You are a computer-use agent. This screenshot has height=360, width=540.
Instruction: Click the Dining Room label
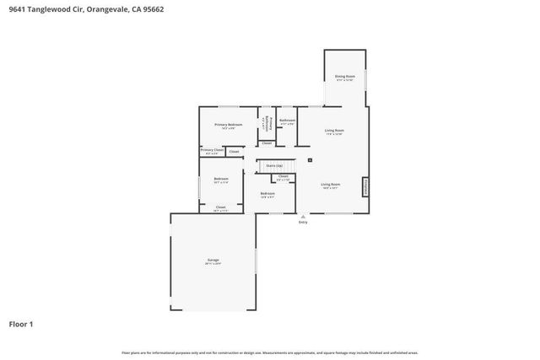345,77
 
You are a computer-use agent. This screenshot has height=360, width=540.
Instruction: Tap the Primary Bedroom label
228,125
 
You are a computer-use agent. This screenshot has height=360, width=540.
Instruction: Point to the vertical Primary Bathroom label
267,125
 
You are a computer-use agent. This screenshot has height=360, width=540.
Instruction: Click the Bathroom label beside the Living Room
287,121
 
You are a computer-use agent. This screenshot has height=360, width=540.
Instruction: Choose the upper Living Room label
334,131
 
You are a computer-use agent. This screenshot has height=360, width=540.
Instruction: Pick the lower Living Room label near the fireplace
330,184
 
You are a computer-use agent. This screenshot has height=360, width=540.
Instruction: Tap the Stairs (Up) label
274,166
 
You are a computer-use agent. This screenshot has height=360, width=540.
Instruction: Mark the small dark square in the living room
310,159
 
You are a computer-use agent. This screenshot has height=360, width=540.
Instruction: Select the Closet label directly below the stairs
283,176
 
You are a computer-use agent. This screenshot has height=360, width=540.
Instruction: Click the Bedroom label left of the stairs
221,179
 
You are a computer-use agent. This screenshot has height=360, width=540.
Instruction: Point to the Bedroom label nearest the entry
267,194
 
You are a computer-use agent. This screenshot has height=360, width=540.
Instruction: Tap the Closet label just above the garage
220,207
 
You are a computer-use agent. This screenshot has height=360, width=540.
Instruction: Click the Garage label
213,261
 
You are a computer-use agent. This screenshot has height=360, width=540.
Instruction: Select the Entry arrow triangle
303,216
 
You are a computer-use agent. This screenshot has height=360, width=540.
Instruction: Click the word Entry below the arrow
303,223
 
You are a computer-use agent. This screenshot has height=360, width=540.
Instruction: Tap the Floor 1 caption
21,324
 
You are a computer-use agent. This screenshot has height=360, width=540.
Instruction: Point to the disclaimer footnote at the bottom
269,352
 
